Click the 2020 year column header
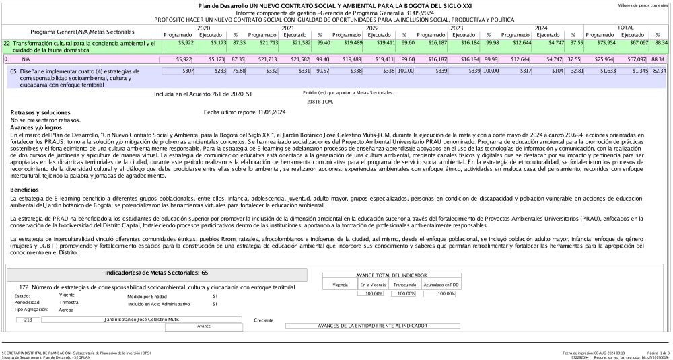point(203,28)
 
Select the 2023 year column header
point(457,28)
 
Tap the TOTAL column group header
point(625,28)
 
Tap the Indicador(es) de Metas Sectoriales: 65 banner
point(156,275)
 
